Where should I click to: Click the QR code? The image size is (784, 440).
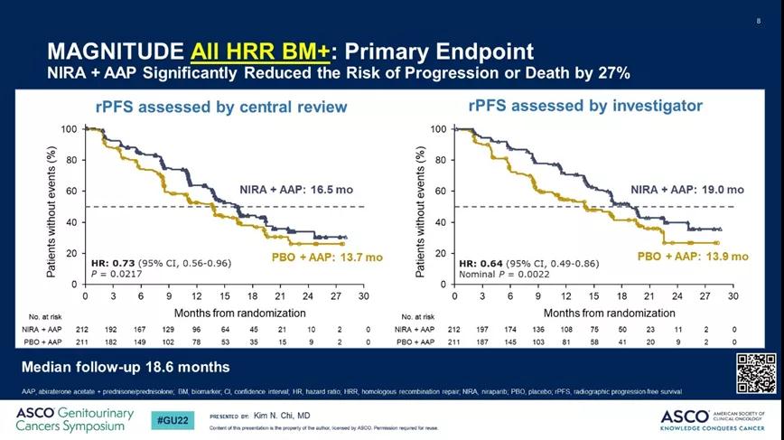(756, 373)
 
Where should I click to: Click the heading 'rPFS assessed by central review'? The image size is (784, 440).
(221, 108)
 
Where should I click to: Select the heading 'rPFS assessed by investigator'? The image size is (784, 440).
(585, 106)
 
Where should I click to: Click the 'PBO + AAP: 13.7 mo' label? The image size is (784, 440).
(327, 257)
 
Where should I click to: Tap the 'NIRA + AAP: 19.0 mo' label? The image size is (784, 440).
(686, 190)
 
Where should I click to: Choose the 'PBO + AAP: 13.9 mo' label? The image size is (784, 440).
(693, 257)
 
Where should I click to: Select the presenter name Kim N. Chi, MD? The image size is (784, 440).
(283, 415)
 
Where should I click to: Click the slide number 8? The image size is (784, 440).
(757, 21)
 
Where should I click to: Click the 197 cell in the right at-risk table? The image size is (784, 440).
(482, 331)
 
